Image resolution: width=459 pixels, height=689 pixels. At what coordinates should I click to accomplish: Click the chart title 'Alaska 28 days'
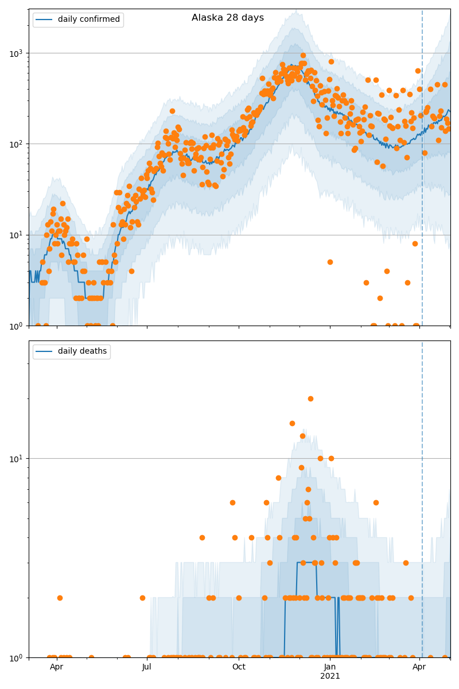tap(228, 18)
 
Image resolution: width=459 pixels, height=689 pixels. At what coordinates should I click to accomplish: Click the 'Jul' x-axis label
tap(147, 667)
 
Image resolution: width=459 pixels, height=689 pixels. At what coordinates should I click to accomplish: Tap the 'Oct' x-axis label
tap(239, 667)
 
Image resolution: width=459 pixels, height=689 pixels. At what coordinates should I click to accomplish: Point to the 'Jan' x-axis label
tap(330, 667)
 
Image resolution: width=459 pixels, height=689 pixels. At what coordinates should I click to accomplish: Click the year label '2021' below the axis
tap(330, 676)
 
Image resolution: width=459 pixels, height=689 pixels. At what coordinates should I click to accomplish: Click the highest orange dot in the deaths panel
tap(310, 398)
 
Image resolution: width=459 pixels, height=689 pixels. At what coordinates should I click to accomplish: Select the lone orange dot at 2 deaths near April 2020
tap(60, 598)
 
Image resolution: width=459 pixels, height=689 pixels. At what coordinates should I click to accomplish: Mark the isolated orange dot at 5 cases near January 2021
tap(330, 262)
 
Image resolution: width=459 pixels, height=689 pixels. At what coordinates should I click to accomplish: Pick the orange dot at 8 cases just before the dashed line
tap(415, 243)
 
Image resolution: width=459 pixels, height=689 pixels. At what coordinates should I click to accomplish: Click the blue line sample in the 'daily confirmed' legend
tap(44, 20)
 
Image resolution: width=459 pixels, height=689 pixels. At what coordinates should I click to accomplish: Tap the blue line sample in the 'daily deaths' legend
tap(44, 351)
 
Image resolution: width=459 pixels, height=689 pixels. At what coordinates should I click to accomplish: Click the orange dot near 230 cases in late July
tap(172, 111)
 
